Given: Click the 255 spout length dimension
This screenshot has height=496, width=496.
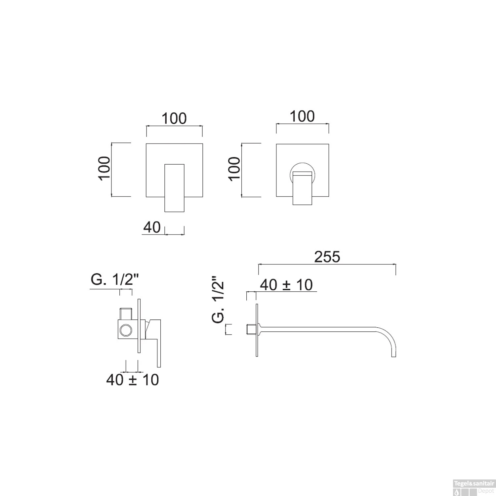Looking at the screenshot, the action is point(327,257).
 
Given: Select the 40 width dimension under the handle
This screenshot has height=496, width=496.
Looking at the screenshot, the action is point(152,227).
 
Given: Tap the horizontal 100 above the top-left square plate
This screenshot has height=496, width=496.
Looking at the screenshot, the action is point(174,118).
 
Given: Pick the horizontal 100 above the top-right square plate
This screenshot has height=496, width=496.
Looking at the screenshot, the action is point(302,116).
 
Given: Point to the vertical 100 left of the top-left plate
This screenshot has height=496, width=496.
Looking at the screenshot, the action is point(104,168).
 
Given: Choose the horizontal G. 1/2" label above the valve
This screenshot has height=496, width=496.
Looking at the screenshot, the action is point(114,280).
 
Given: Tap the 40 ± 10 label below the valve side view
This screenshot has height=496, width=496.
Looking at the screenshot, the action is point(132,380).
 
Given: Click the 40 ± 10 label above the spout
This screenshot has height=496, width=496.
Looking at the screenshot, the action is point(286,285).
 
